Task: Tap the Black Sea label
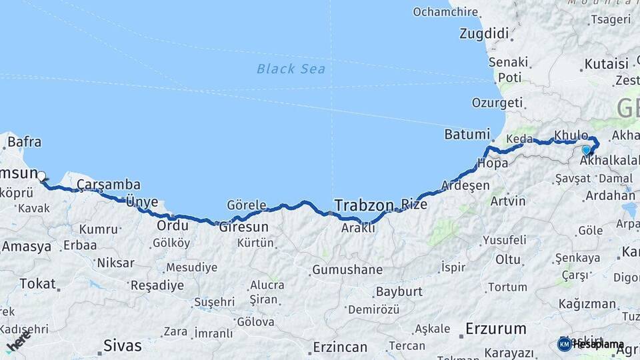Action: (291, 69)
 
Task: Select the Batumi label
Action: (467, 134)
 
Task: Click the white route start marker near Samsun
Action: (41, 177)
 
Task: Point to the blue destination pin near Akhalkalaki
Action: (586, 151)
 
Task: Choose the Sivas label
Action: (123, 345)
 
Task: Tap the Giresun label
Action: (243, 227)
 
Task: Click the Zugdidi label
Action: (485, 33)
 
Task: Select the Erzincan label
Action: (340, 347)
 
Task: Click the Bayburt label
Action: (399, 291)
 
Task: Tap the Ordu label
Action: (172, 226)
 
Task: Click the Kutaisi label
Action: (606, 64)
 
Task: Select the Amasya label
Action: (26, 246)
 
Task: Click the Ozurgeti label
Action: (497, 103)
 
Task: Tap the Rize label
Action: (414, 204)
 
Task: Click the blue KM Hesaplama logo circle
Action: (564, 344)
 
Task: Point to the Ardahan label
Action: (609, 195)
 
